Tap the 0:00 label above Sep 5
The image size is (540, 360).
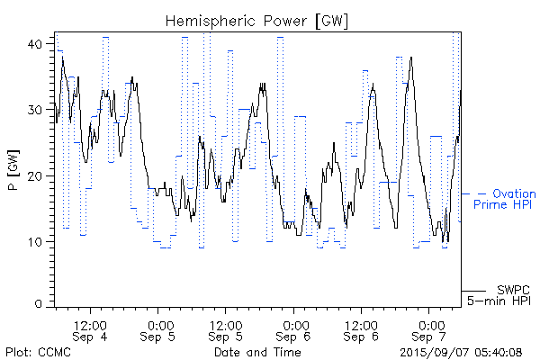(x=159, y=324)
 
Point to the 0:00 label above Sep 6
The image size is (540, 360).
(x=294, y=324)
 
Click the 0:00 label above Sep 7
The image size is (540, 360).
(x=429, y=324)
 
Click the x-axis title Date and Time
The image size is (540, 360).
(x=257, y=352)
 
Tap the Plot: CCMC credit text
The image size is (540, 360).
(x=38, y=352)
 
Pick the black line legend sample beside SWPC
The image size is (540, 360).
(x=474, y=291)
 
